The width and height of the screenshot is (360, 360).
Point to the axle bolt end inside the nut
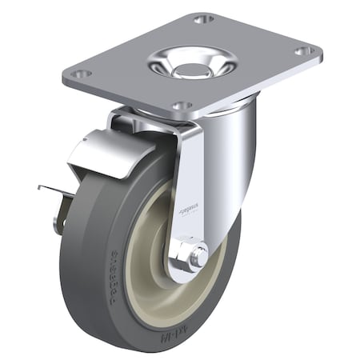tap(196, 256)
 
